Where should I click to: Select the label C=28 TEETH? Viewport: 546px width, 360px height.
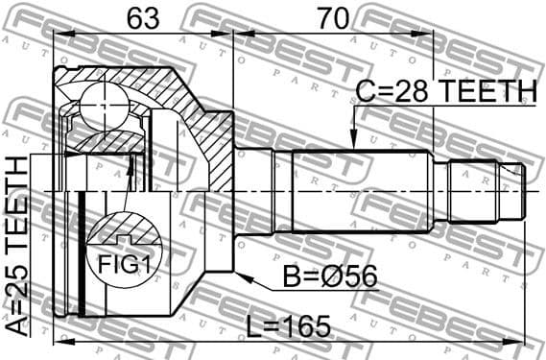445,92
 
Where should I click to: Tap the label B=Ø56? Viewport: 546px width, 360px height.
330,278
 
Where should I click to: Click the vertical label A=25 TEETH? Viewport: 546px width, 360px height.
18,245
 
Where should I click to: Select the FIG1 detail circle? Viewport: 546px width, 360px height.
126,252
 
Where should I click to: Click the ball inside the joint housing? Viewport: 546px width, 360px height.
99,105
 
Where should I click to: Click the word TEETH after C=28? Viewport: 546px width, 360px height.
487,92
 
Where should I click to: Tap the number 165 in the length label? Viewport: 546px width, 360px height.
304,325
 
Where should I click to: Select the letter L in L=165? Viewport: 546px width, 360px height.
253,325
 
